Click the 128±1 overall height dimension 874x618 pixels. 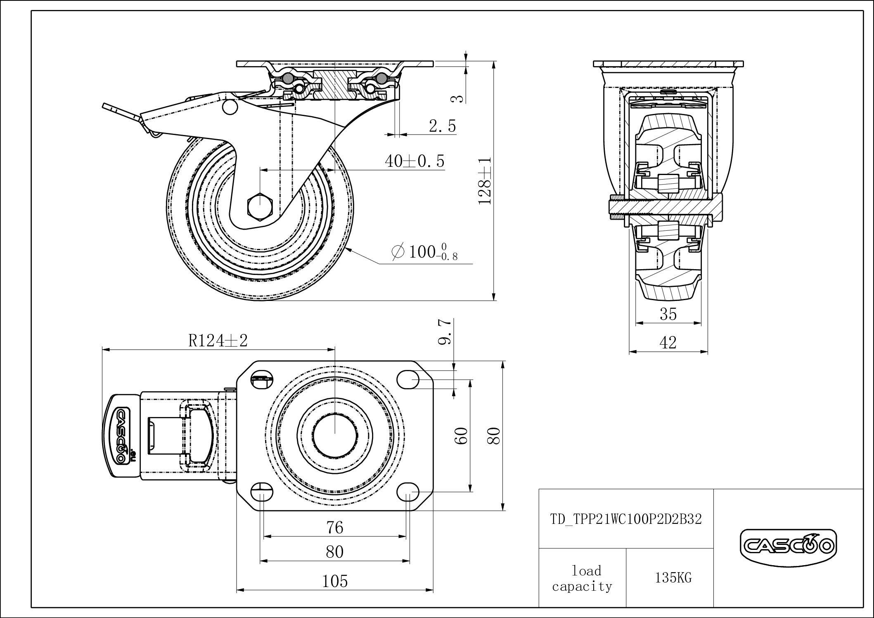pos(485,180)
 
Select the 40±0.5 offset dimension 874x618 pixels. pos(414,161)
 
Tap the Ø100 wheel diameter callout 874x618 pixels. pos(425,252)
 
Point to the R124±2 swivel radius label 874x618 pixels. pos(218,341)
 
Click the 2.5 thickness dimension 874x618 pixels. pos(442,126)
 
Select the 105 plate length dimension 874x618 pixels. pos(334,581)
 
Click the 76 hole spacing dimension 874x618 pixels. pos(334,527)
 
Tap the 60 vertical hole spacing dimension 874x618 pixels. pos(461,436)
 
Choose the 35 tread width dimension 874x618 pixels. pos(668,315)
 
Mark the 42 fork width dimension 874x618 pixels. pos(668,343)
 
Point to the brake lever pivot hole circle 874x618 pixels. pos(230,107)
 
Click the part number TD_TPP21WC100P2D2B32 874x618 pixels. pos(626,519)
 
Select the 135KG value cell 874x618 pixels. pos(673,578)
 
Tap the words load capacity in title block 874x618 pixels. pos(582,578)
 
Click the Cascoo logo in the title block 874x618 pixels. pos(788,547)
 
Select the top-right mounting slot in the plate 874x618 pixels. pos(408,379)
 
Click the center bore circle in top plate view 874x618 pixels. pos(334,436)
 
